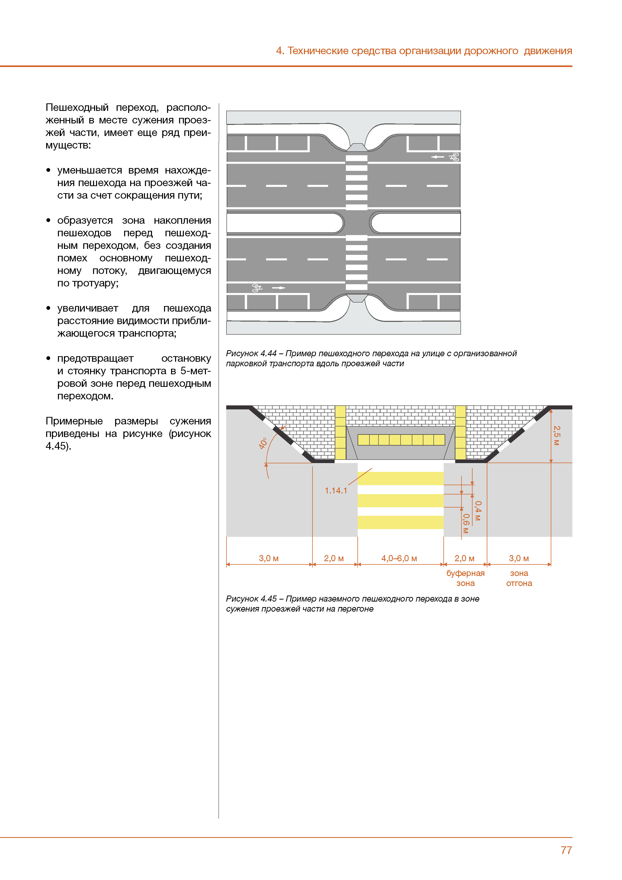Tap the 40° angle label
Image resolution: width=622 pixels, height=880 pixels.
[x=263, y=443]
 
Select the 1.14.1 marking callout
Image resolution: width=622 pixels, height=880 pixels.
[x=336, y=491]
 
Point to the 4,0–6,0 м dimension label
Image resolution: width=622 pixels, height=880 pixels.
[x=399, y=558]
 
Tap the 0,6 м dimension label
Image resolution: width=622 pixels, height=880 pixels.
[x=466, y=524]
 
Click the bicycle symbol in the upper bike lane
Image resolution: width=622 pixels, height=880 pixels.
[x=454, y=157]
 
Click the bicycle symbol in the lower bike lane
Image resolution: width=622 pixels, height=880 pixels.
[x=257, y=288]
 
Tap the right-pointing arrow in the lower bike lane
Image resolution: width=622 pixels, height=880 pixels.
[x=279, y=288]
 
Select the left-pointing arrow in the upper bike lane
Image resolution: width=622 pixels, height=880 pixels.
[x=437, y=157]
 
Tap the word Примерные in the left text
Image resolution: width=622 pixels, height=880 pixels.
[x=74, y=421]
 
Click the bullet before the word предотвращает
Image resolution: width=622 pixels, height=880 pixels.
[x=48, y=358]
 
